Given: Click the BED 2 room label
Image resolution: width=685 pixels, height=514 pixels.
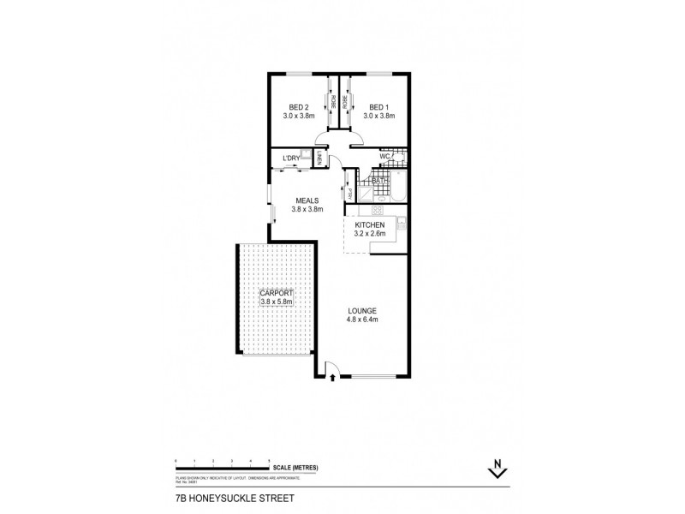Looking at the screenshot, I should point(300,107).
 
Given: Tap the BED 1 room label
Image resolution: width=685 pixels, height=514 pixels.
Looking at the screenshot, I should point(378,107).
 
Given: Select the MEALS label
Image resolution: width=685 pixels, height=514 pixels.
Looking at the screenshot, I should point(307,200).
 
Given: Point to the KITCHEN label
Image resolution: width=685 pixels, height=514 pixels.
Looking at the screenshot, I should point(370,224).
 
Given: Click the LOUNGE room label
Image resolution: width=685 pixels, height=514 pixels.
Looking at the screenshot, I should point(362,310).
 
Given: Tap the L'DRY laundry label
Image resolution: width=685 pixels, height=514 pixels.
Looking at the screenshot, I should point(291,158).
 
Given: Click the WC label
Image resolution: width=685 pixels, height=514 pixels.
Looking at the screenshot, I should point(384,157).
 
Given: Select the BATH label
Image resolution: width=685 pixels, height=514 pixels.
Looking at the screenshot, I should point(380,181).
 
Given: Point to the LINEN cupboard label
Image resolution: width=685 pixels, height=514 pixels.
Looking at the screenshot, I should point(319,158).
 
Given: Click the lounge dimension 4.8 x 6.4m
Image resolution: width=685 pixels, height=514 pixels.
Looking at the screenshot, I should point(362,320).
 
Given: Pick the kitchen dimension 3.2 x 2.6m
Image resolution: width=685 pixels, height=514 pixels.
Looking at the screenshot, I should point(370,233).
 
